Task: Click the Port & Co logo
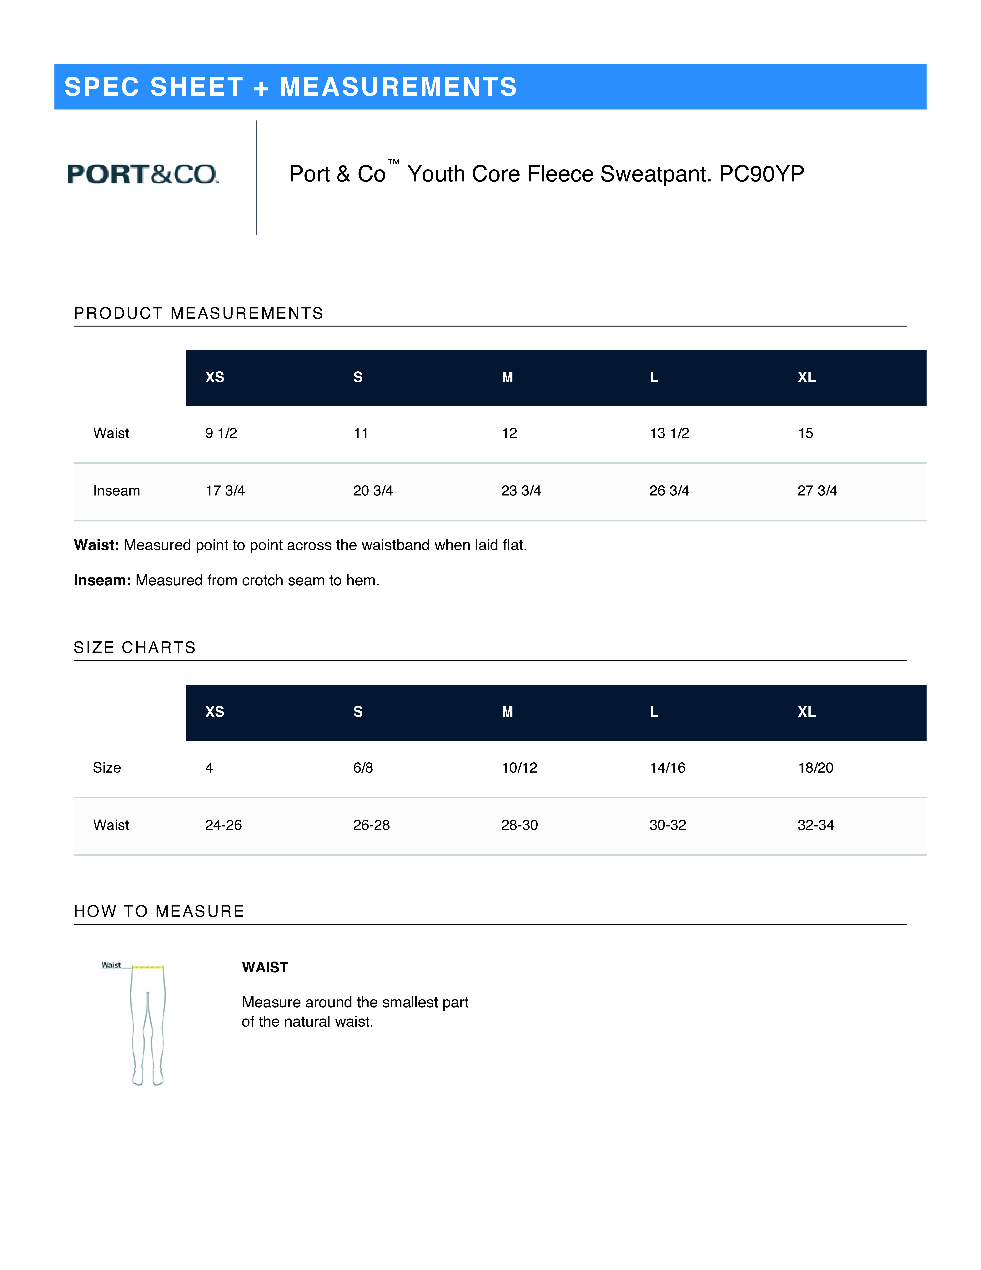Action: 143,174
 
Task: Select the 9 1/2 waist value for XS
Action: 221,433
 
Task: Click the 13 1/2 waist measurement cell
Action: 669,433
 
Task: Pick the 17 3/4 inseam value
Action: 225,491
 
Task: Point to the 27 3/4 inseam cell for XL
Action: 817,491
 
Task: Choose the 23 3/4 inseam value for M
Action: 521,491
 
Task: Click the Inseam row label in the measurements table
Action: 116,491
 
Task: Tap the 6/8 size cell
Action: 363,768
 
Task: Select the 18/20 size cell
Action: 815,768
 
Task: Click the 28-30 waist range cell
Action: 520,825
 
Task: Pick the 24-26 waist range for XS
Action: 223,825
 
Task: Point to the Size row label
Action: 107,768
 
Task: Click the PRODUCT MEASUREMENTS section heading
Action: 198,313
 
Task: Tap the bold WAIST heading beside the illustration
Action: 265,968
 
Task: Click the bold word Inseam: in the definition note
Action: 102,580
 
